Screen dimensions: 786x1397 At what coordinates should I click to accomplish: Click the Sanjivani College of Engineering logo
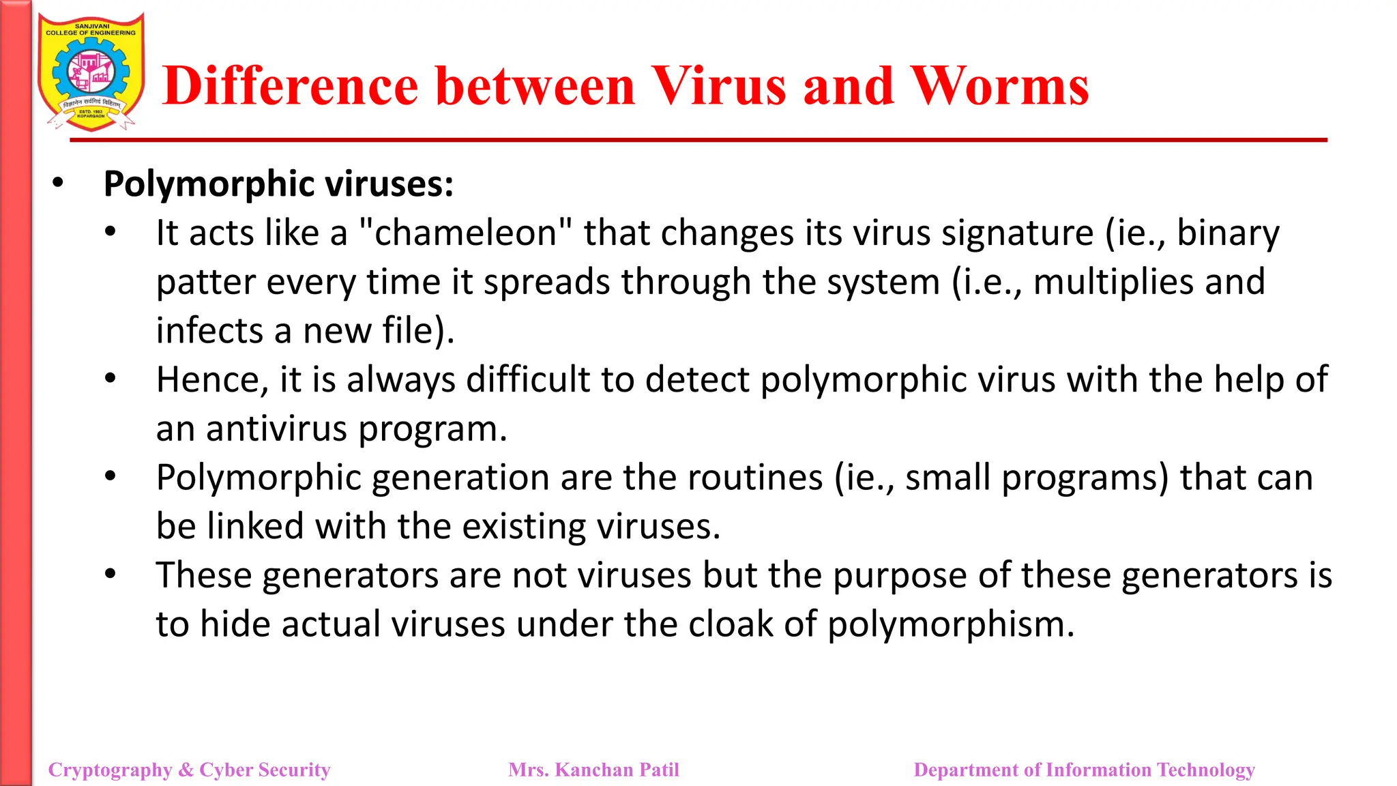tap(91, 72)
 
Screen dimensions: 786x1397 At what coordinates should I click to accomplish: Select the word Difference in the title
tap(290, 86)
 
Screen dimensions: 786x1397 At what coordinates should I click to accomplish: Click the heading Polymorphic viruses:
tap(278, 184)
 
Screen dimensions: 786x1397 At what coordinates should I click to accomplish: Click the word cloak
tap(730, 624)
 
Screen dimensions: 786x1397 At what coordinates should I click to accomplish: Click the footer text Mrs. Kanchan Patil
tap(593, 770)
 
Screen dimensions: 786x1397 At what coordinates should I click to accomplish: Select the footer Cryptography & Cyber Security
tap(189, 770)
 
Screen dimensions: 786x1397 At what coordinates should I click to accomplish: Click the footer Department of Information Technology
tap(1084, 770)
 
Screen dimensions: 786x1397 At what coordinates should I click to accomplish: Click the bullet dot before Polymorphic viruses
tap(58, 183)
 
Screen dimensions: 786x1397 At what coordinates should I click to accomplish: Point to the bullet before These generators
tap(111, 574)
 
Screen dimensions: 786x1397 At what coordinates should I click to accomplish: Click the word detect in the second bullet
tap(696, 380)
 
